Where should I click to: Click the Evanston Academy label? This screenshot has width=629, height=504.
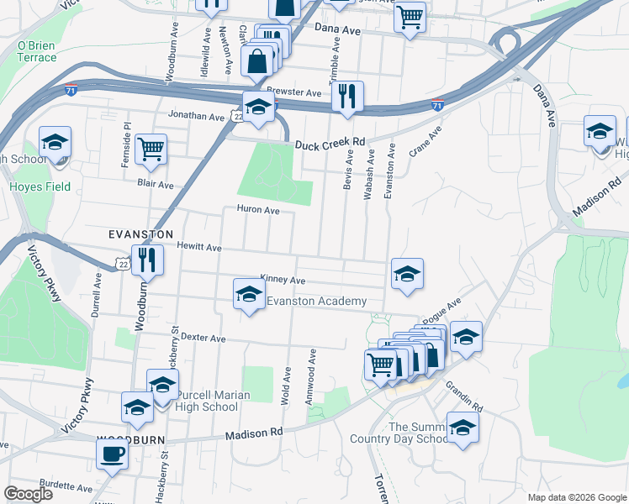[316, 302]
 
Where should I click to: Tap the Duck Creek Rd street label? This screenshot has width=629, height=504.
[330, 144]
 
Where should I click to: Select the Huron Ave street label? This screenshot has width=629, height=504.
[258, 210]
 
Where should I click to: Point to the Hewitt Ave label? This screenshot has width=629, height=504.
[198, 248]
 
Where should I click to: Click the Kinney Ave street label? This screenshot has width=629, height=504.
[283, 280]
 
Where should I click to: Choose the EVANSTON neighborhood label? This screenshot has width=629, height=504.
[140, 234]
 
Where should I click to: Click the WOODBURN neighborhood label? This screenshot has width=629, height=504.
[131, 439]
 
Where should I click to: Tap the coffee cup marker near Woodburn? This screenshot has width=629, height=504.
[112, 454]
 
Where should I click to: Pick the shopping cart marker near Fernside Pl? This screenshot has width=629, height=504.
[151, 149]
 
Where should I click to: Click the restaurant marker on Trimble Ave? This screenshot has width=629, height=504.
[346, 96]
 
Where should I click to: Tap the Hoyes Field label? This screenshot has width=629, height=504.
[31, 187]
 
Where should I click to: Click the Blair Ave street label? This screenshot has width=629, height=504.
[156, 185]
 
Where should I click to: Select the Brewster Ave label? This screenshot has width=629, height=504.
[294, 92]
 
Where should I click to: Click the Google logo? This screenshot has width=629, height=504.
[28, 493]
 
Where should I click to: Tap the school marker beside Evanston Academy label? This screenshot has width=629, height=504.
[248, 294]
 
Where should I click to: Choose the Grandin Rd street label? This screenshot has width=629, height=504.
[465, 394]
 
